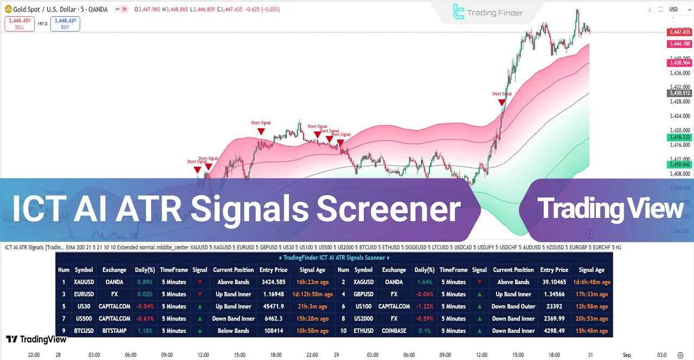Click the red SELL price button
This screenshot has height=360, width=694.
click(x=20, y=24)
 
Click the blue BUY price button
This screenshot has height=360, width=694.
click(x=65, y=24)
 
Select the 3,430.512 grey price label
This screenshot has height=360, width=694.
click(x=679, y=93)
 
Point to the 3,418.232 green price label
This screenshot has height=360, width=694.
click(x=679, y=138)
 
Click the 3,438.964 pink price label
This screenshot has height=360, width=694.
click(x=679, y=63)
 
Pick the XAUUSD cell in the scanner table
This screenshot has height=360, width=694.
click(x=84, y=282)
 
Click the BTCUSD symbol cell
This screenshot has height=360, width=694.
click(x=84, y=331)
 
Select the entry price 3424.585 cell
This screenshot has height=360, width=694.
click(x=273, y=282)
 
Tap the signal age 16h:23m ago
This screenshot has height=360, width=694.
click(x=312, y=282)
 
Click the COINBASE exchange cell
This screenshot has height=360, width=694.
click(x=394, y=331)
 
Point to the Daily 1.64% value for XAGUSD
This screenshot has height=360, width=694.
click(x=424, y=282)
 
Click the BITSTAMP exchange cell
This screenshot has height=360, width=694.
click(x=114, y=331)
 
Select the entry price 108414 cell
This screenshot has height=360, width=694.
click(x=273, y=331)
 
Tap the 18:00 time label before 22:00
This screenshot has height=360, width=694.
click(x=276, y=355)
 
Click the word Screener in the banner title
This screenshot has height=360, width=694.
click(x=388, y=209)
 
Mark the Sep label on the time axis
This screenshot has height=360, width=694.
click(x=627, y=355)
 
